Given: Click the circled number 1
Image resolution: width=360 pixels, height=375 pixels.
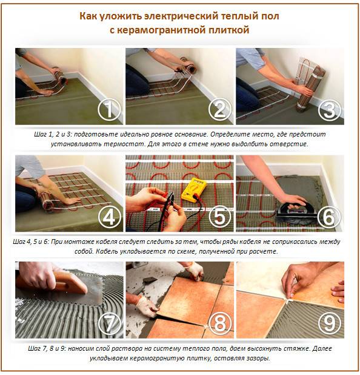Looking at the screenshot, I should click(108, 110).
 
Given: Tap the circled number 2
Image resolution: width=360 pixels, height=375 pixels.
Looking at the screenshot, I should click(219, 110).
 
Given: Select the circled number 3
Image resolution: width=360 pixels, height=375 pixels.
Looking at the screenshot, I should click(329, 110).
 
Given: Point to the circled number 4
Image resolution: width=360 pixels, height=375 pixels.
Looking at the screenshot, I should click(108, 217).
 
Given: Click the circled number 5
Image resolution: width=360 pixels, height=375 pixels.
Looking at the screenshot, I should click(219, 217).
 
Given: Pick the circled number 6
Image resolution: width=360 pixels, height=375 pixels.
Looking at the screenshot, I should click(329, 217).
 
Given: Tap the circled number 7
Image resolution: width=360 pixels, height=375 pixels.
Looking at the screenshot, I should click(108, 324).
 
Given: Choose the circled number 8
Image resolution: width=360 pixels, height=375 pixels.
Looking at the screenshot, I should click(219, 324).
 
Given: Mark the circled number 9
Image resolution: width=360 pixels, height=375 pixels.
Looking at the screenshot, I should click(329, 324).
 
